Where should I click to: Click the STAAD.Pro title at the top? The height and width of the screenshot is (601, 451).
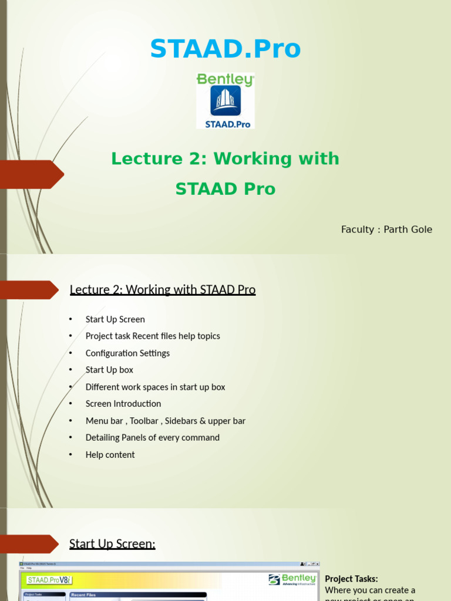click(225, 49)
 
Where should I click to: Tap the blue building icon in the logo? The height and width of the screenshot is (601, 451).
click(225, 101)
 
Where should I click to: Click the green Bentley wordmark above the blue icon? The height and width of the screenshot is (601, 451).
click(225, 80)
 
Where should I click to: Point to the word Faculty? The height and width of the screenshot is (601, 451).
click(357, 229)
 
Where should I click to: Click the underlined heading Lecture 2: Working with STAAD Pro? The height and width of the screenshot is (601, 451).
click(163, 289)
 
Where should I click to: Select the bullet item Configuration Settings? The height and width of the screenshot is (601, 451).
click(127, 353)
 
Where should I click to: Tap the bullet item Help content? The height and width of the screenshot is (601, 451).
click(110, 455)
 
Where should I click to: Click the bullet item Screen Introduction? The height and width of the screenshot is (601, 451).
click(123, 404)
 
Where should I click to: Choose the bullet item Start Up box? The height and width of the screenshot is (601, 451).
click(109, 370)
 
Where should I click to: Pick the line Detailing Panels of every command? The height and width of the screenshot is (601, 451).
click(152, 438)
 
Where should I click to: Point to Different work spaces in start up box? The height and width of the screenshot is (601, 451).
click(155, 387)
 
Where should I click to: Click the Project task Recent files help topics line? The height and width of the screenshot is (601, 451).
click(153, 336)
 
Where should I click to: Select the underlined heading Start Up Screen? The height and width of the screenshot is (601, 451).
click(112, 543)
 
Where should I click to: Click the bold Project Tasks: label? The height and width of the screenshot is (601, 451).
click(351, 579)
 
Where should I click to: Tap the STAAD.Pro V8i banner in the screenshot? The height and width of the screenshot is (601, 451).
click(49, 580)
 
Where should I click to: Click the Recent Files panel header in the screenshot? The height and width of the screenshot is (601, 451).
click(83, 595)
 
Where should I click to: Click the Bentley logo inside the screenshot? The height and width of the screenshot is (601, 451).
click(292, 579)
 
